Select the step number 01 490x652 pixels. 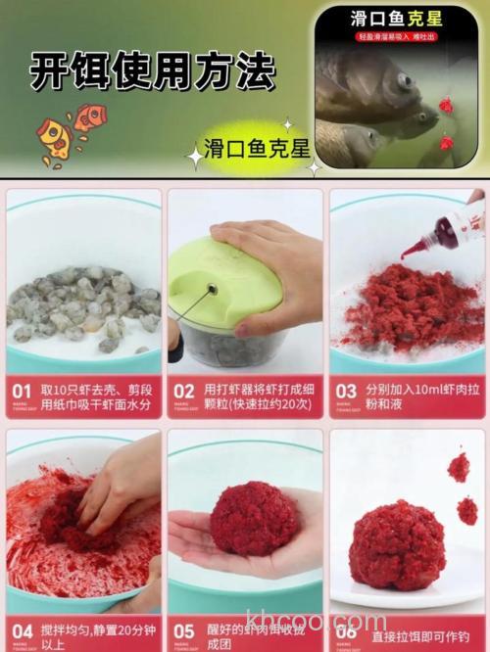pyautogui.click(x=23, y=392)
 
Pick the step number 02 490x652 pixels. pyautogui.click(x=184, y=392)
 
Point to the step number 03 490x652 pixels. pyautogui.click(x=346, y=392)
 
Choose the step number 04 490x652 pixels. pyautogui.click(x=23, y=632)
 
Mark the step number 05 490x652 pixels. pyautogui.click(x=184, y=632)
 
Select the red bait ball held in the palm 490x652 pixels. pyautogui.click(x=253, y=518)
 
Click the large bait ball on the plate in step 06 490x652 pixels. pyautogui.click(x=397, y=544)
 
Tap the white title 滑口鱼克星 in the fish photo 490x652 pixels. pyautogui.click(x=396, y=19)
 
